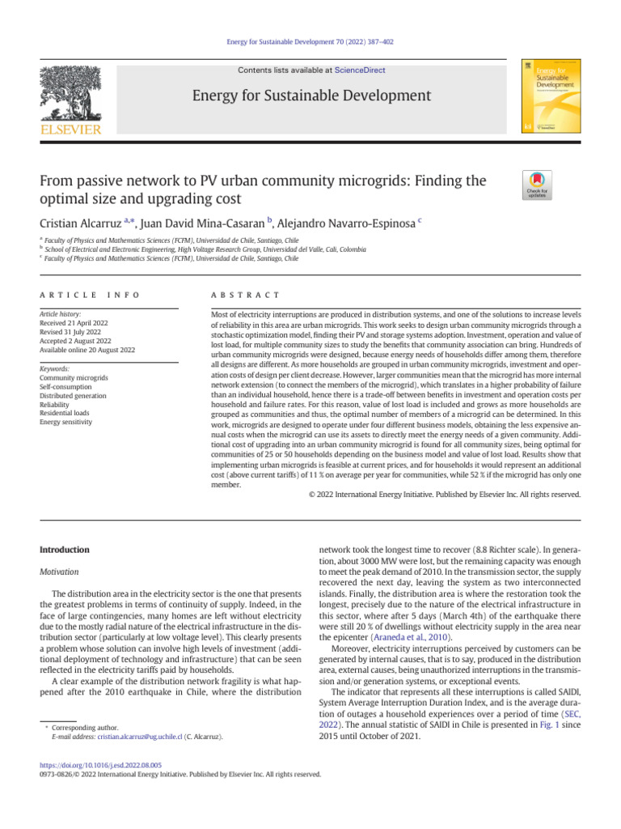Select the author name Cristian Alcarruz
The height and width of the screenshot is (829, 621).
coord(90,223)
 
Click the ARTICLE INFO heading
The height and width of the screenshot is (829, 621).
coord(90,295)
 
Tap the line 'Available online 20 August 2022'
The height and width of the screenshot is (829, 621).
coord(88,350)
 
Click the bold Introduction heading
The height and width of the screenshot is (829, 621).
coord(65,551)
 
